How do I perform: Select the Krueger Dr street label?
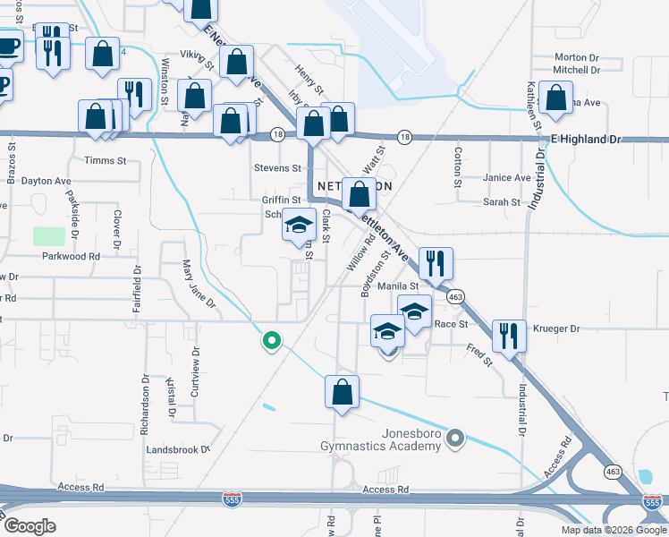click(556, 328)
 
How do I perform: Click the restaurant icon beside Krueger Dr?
click(509, 337)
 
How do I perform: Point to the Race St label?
click(451, 323)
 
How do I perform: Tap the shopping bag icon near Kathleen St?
click(556, 100)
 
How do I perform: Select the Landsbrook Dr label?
click(177, 449)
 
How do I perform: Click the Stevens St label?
click(277, 167)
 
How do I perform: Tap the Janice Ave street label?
click(506, 177)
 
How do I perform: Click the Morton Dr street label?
click(576, 57)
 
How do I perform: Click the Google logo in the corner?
click(29, 525)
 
